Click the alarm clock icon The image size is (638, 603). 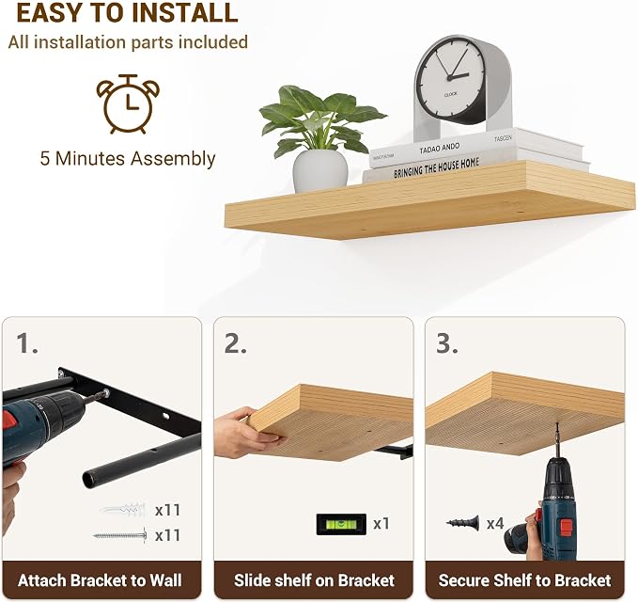click(128, 104)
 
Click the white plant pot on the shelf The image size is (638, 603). click(320, 171)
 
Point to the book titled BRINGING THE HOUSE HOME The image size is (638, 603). click(435, 168)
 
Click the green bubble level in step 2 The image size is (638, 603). click(341, 524)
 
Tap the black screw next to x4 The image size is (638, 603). click(463, 523)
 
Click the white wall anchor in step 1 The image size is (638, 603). click(122, 510)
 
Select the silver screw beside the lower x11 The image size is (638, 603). click(120, 535)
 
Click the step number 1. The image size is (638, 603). click(27, 343)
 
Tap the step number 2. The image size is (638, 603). click(235, 343)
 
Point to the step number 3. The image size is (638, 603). click(446, 343)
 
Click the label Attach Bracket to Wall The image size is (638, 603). click(100, 580)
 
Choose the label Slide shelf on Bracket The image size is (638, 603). click(314, 580)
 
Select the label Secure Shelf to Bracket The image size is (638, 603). click(524, 580)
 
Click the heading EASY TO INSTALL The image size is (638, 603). click(128, 12)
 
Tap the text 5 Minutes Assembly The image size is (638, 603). click(128, 158)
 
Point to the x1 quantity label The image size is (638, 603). click(381, 524)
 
